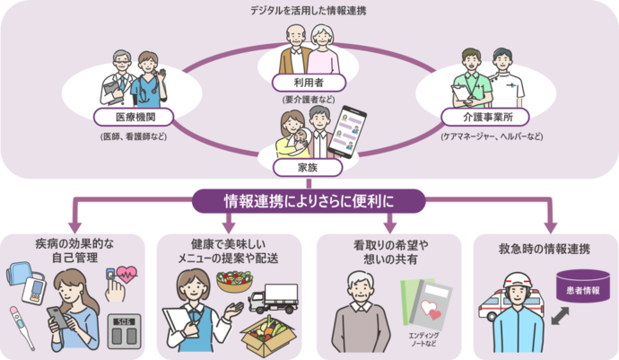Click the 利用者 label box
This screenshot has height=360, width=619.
[309, 83]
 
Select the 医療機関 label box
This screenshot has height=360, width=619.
[134, 118]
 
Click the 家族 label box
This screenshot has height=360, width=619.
[308, 168]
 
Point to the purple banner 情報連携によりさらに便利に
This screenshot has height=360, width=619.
[309, 201]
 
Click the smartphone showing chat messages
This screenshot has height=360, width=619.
[347, 132]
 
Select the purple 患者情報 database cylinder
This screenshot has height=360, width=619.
[583, 286]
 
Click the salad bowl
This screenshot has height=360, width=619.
[234, 281]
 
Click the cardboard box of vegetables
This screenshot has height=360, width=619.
[268, 336]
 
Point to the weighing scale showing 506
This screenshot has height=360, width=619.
[124, 331]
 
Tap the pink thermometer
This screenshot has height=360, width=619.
[22, 328]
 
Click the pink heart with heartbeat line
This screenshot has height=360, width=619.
[126, 274]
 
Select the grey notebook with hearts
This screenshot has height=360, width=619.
[431, 304]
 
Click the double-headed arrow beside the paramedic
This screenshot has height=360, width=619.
[560, 316]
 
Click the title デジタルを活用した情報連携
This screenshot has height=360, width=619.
[309, 11]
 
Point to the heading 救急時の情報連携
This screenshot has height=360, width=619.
[545, 249]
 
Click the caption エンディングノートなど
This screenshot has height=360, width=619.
[423, 339]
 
